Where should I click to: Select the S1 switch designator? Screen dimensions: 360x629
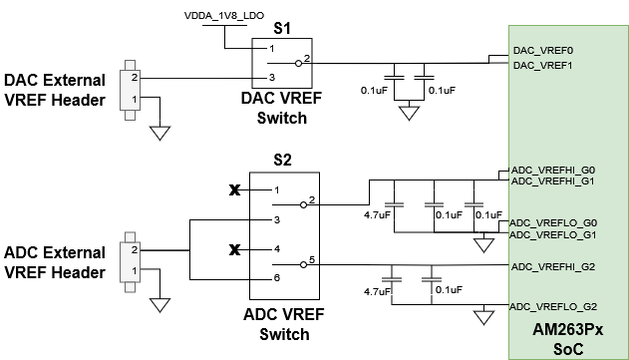click(x=282, y=29)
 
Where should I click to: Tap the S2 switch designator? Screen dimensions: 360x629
click(x=282, y=161)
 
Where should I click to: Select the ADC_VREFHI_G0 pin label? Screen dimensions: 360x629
click(x=552, y=170)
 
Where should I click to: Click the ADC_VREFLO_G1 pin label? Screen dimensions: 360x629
click(x=552, y=234)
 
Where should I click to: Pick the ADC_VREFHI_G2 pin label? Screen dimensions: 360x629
click(x=552, y=266)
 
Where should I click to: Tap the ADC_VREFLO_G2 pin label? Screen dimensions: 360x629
click(x=552, y=306)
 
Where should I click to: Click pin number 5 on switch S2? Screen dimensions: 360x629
click(x=312, y=261)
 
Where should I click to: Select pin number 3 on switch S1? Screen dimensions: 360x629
click(x=270, y=78)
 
